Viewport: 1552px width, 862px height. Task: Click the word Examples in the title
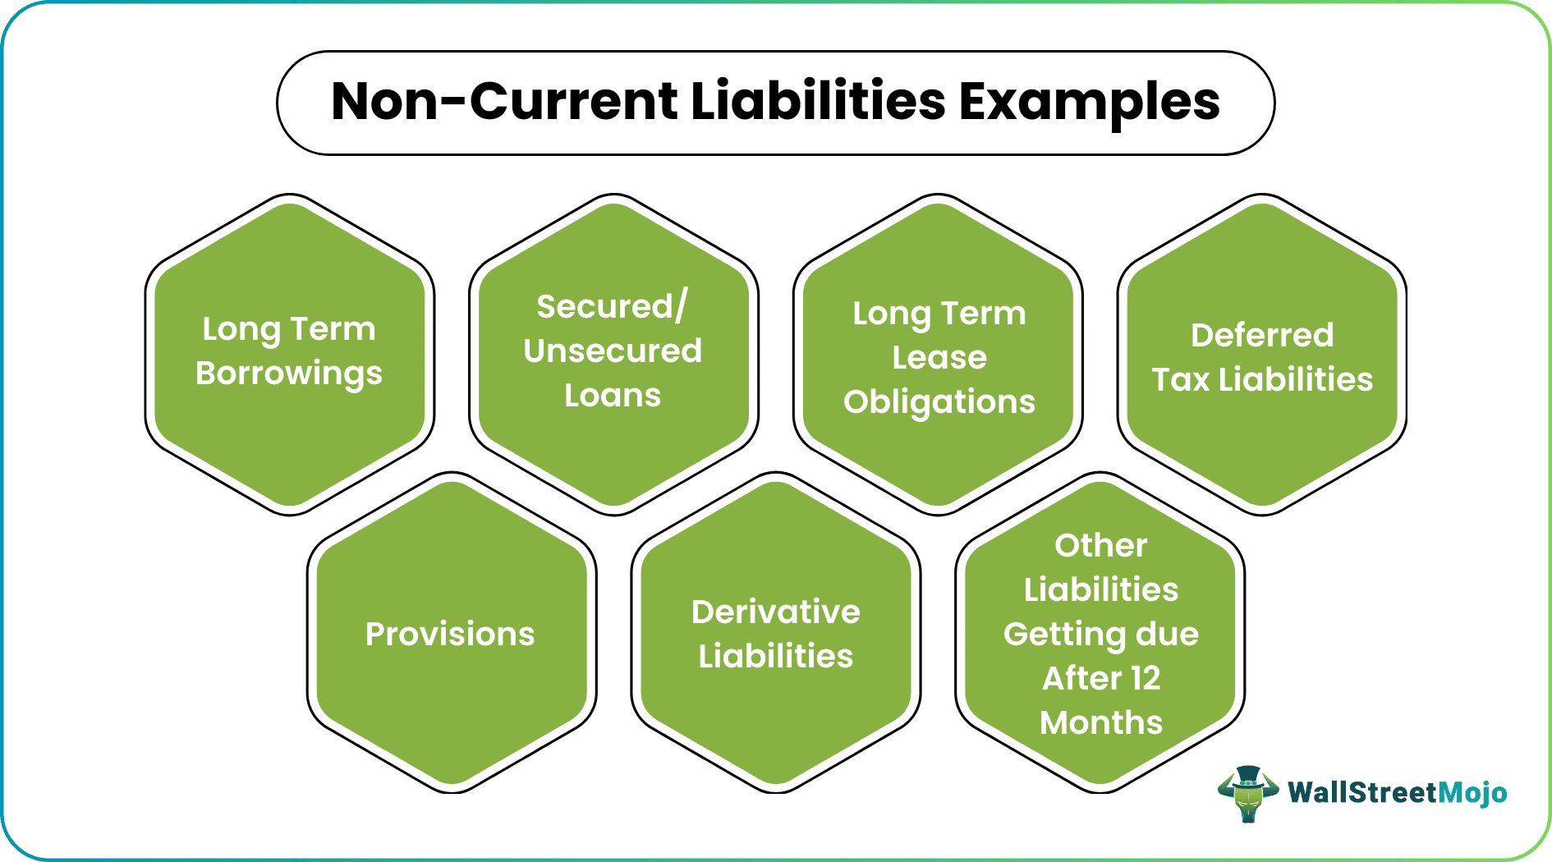pyautogui.click(x=1089, y=103)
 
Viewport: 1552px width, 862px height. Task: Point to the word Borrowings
pyautogui.click(x=289, y=374)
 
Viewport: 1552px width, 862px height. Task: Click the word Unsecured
pyautogui.click(x=613, y=351)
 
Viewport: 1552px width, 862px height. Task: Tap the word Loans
pyautogui.click(x=613, y=396)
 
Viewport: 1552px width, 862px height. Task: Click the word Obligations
pyautogui.click(x=939, y=402)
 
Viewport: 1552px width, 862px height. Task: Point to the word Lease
pyautogui.click(x=939, y=358)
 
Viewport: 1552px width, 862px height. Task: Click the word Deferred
pyautogui.click(x=1262, y=335)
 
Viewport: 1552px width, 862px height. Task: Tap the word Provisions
pyautogui.click(x=450, y=634)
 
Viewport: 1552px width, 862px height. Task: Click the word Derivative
pyautogui.click(x=776, y=612)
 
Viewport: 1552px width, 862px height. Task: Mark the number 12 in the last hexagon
pyautogui.click(x=1145, y=678)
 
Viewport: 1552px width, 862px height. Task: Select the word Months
pyautogui.click(x=1101, y=722)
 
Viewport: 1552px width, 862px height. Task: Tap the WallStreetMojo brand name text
pyautogui.click(x=1397, y=793)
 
